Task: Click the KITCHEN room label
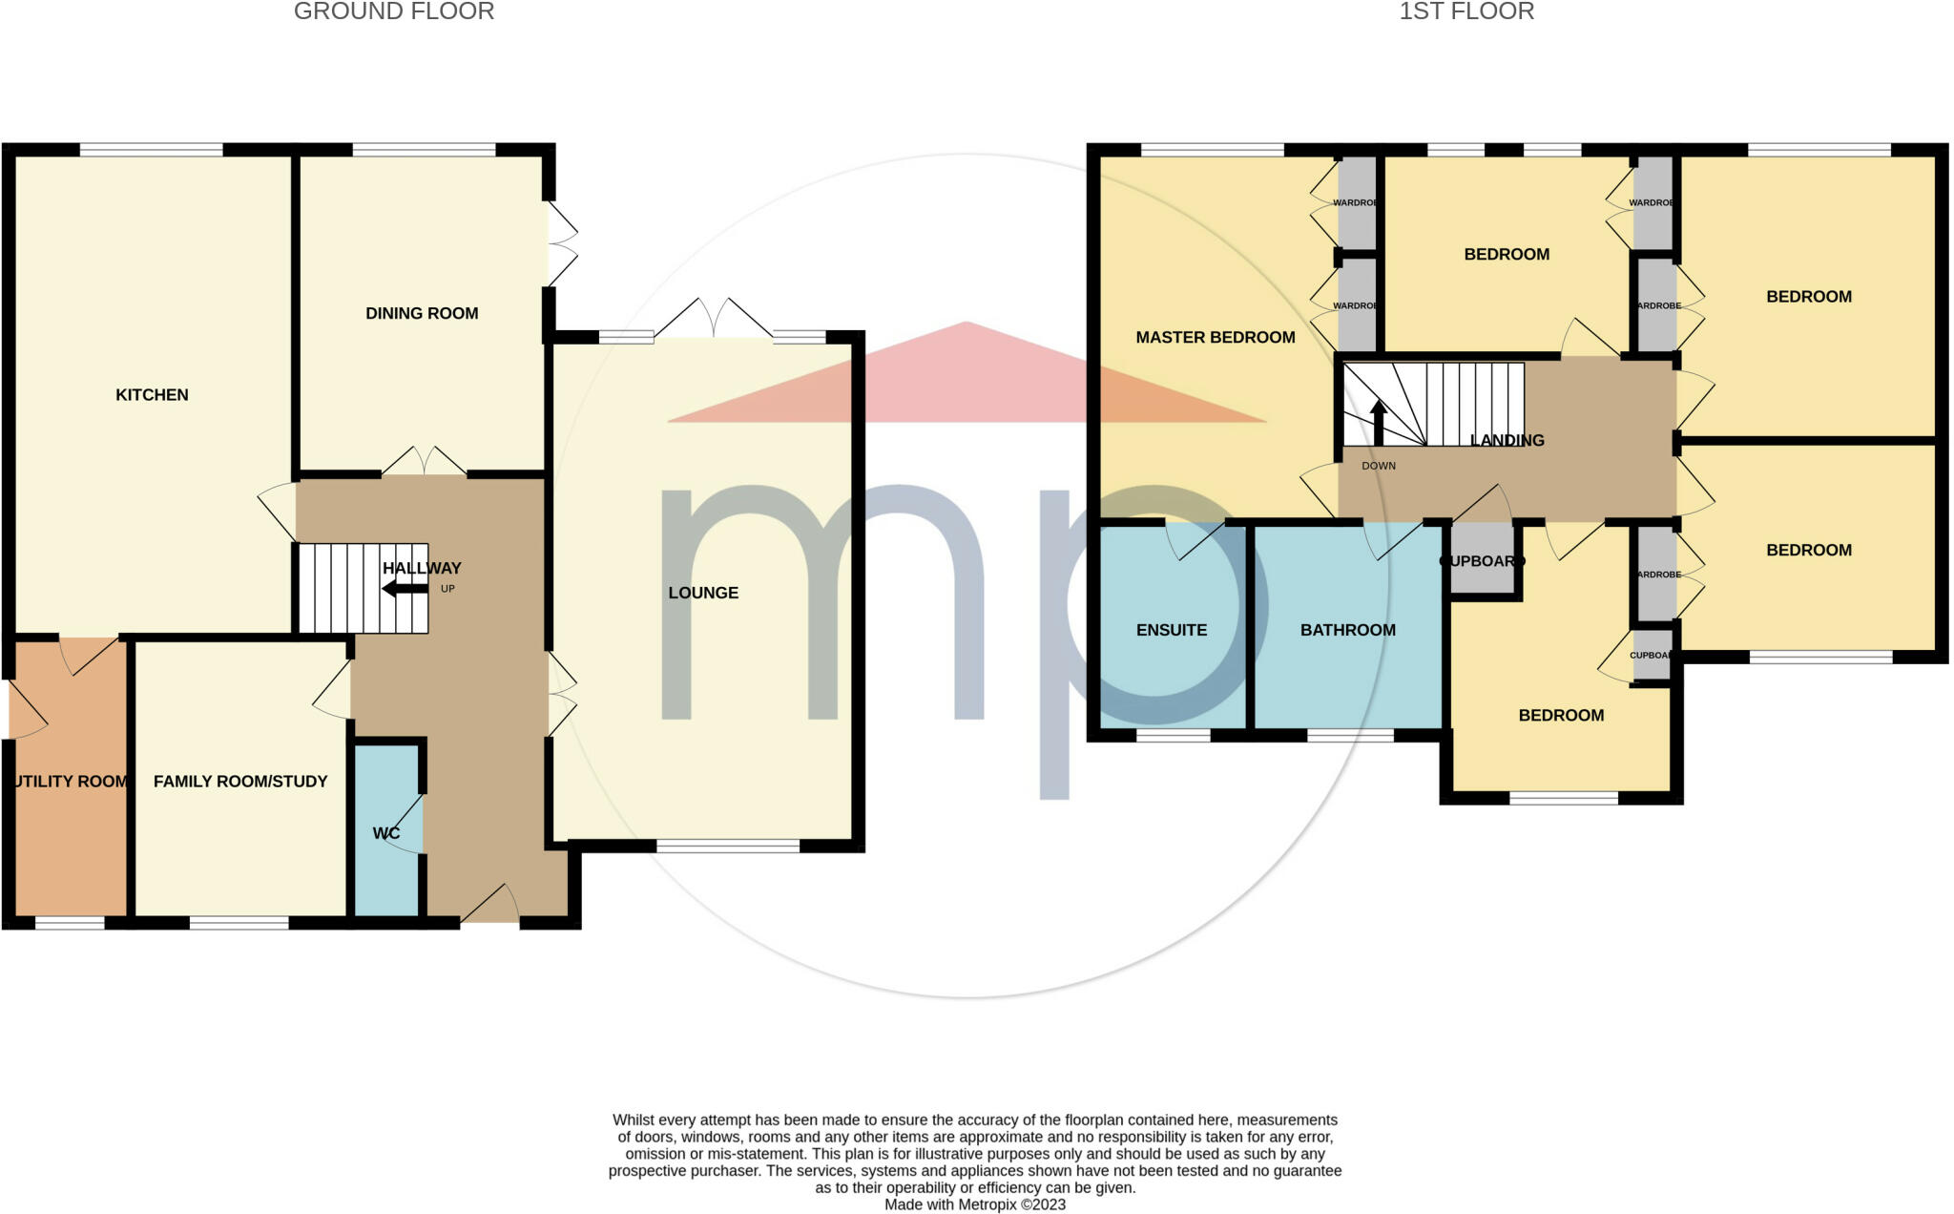(152, 395)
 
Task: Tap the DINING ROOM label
(422, 313)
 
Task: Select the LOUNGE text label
(703, 593)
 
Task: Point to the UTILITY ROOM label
(71, 782)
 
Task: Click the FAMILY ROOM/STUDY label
(240, 782)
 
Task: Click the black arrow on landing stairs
(1378, 423)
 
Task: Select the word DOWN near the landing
(1378, 466)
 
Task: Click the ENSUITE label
(1172, 630)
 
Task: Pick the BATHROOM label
(1347, 630)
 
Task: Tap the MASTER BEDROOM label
(1215, 337)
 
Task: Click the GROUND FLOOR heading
(394, 12)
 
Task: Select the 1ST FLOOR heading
(1465, 12)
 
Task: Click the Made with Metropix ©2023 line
(974, 1204)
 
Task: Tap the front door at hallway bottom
(489, 907)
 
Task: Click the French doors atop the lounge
(714, 320)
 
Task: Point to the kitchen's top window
(151, 150)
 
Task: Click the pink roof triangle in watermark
(966, 382)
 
